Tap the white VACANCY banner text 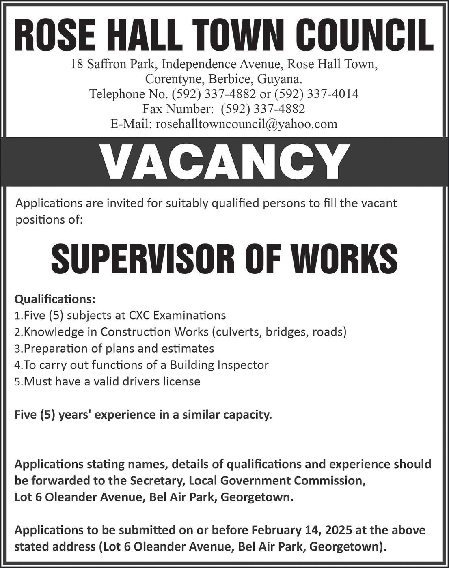click(x=224, y=161)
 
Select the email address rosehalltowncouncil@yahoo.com click(x=246, y=124)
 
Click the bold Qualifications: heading click(x=55, y=299)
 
